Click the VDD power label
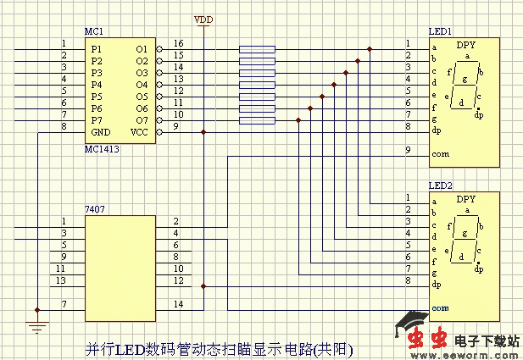coord(204,19)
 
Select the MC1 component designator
coord(93,31)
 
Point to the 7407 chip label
coord(94,208)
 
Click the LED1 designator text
coord(440,30)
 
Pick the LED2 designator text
coord(440,185)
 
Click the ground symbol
coord(37,325)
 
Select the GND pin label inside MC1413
coord(101,132)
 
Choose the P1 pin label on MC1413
coord(96,49)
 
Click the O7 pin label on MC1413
coord(142,120)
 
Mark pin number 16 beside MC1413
coord(178,43)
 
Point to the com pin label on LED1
coord(440,155)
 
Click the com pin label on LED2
coord(440,308)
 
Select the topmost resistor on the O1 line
coord(257,49)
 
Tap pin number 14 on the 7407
coord(178,303)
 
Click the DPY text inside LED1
coord(465,44)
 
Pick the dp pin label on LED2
coord(437,285)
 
